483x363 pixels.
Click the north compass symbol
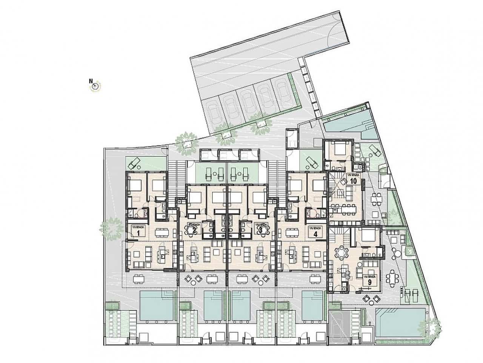click(x=95, y=86)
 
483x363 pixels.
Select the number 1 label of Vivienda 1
click(x=138, y=233)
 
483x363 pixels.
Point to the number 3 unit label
click(x=260, y=230)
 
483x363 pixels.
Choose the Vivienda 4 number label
click(x=314, y=234)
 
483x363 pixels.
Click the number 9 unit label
click(x=369, y=282)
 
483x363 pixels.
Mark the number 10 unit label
click(x=354, y=180)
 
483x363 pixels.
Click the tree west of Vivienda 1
click(x=112, y=228)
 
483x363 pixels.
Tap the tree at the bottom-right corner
click(x=431, y=326)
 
